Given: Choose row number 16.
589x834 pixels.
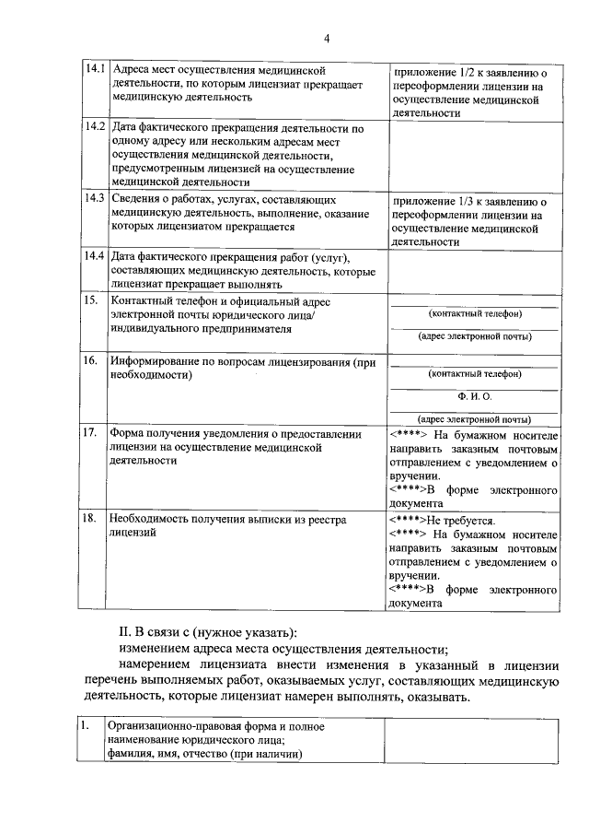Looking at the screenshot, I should [91, 362].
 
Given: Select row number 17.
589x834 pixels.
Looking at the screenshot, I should [91, 432].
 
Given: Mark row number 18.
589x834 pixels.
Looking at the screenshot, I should [91, 520].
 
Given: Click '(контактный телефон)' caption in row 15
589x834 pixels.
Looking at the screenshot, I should [475, 314].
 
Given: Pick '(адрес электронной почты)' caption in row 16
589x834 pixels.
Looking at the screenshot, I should [475, 418].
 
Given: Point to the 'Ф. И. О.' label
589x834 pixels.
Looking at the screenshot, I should [475, 396].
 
